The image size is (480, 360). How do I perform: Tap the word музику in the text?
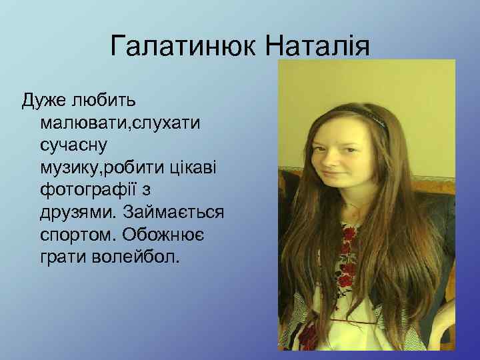(74, 167)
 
